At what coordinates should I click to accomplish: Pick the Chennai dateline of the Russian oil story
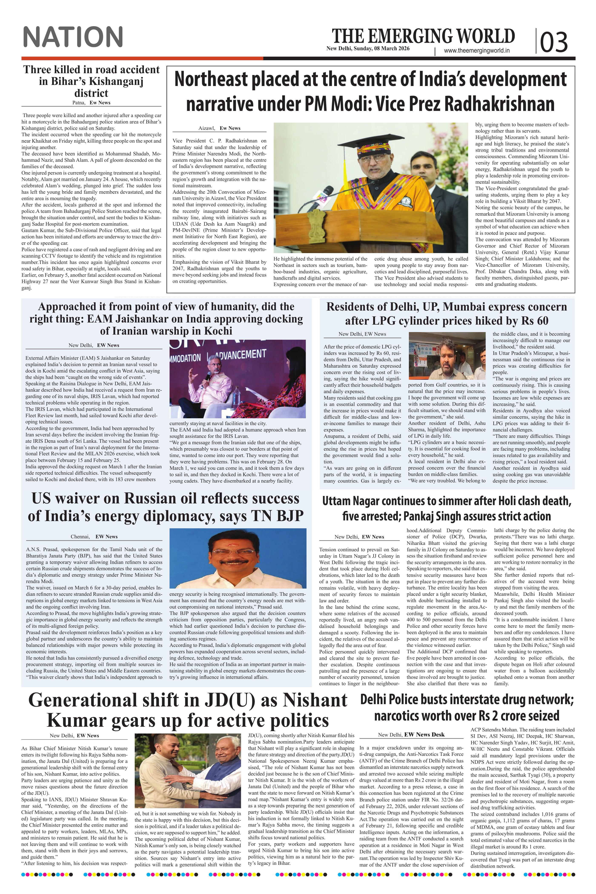click(80, 537)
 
